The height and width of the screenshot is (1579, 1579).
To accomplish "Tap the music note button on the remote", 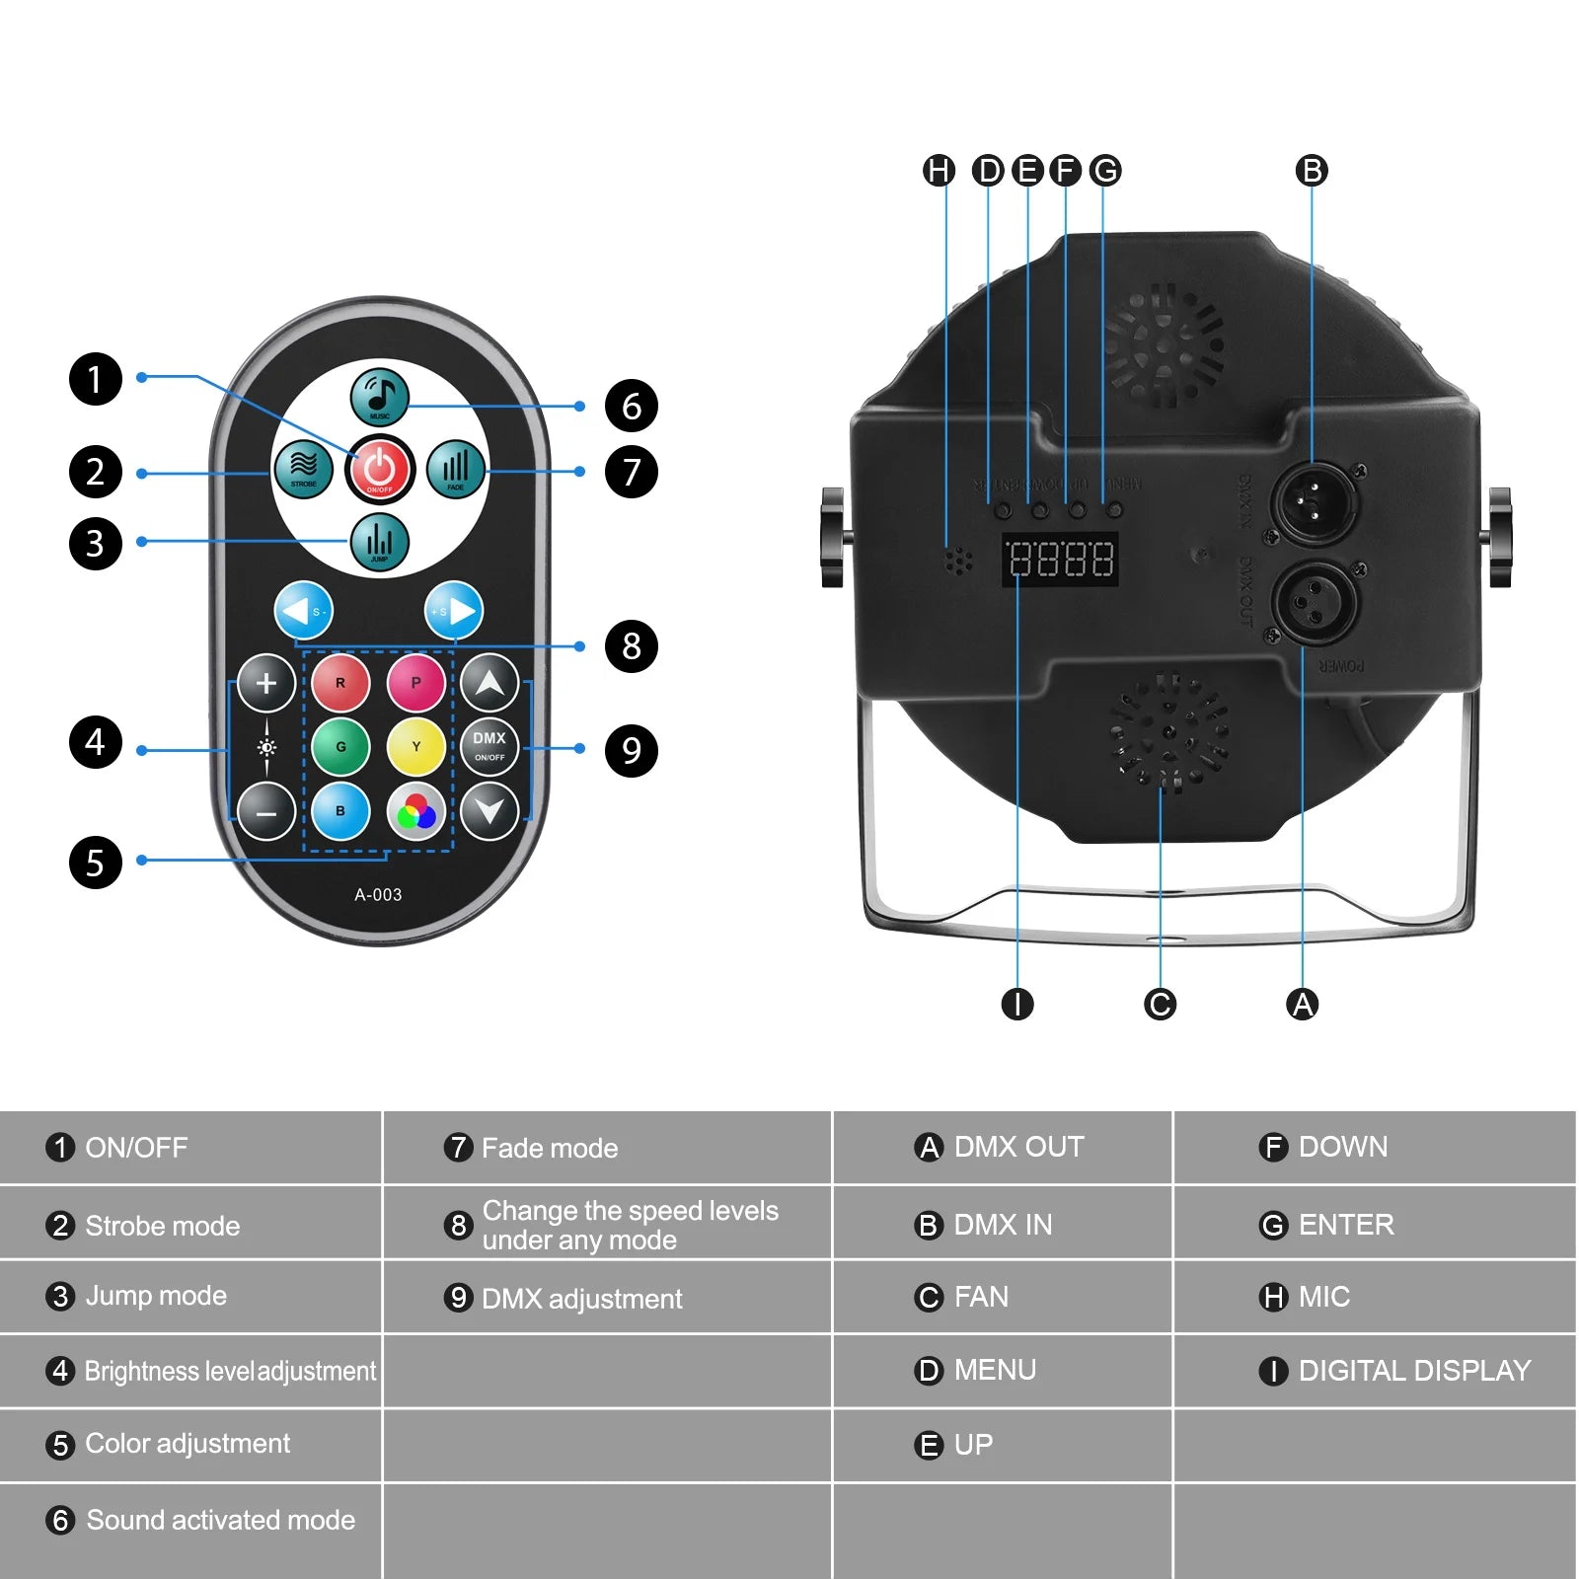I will pos(380,396).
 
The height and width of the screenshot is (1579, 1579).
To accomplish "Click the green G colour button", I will pos(340,747).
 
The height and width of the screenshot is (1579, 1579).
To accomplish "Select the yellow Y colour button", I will pos(415,747).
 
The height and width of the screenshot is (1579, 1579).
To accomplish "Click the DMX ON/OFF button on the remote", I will pos(489,747).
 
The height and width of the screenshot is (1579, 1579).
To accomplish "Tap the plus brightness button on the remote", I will pos(266,683).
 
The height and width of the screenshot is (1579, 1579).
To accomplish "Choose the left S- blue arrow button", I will pos(303,611).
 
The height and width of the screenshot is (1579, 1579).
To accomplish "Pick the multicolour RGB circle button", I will pos(415,812).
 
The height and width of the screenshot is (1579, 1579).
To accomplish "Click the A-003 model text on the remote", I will pos(378,894).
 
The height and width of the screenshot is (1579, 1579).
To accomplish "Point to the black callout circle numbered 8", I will pos(632,646).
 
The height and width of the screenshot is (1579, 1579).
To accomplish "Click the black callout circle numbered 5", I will pos(95,863).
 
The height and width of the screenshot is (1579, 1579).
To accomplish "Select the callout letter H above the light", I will pos(939,171).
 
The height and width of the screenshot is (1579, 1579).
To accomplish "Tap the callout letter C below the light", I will pos(1160,1005).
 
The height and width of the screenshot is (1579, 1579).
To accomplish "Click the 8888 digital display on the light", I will pos(1061,560).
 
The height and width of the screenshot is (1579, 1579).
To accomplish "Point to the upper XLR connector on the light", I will pos(1313,501).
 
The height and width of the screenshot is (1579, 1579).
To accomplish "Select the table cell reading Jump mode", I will pos(156,1296).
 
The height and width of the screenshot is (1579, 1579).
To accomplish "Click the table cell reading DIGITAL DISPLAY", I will pos(1413,1371).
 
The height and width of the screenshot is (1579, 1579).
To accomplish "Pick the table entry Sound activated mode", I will pos(220,1520).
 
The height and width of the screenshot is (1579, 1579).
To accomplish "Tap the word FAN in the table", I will pos(981,1297).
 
